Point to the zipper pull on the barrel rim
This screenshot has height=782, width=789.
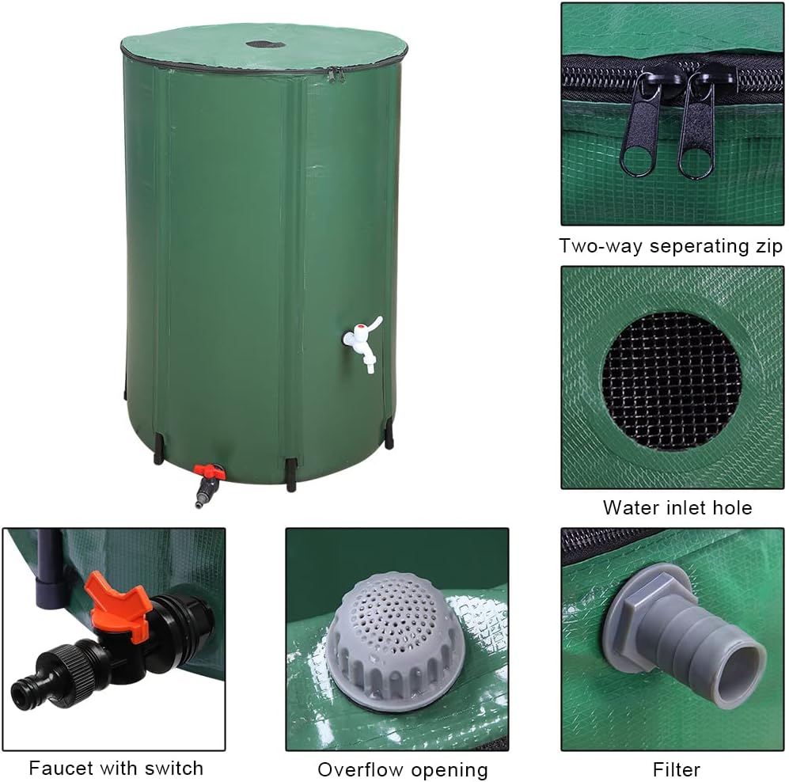[x=336, y=74]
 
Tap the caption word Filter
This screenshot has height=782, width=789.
[x=676, y=769]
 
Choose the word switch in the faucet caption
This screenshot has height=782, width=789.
[x=176, y=768]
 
